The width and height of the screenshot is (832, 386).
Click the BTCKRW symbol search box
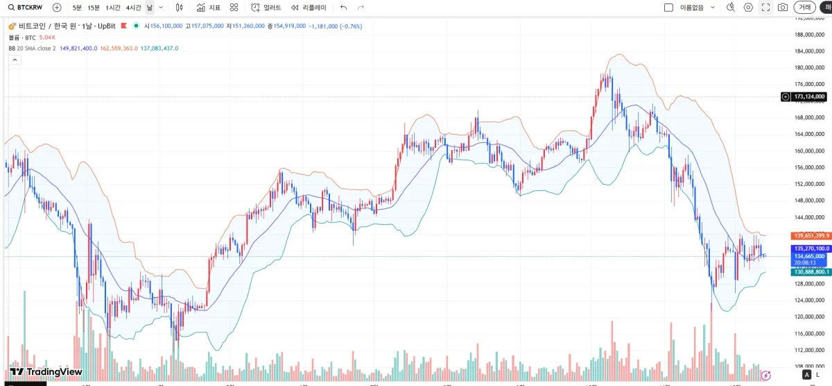click(28, 7)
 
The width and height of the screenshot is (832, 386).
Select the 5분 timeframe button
click(76, 7)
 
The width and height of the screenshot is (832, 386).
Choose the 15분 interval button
click(94, 7)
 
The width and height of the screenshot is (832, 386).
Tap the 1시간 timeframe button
click(112, 7)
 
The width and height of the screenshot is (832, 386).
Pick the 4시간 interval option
click(133, 7)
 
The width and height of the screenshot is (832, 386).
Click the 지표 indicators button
click(209, 7)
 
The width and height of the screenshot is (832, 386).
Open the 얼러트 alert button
click(267, 7)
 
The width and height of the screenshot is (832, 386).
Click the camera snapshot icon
click(783, 7)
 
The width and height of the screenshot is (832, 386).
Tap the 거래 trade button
click(804, 7)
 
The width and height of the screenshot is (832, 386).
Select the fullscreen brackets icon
click(765, 7)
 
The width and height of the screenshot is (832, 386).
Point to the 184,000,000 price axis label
click(809, 51)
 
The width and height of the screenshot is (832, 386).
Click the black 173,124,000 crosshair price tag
click(808, 96)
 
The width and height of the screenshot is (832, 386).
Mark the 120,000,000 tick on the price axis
click(809, 317)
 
